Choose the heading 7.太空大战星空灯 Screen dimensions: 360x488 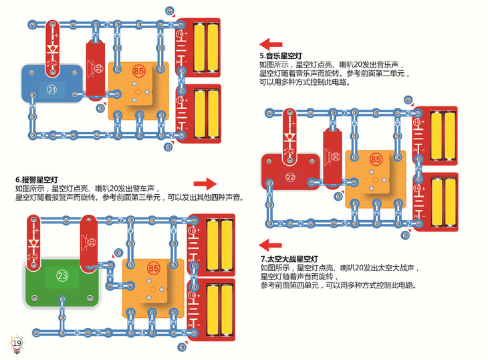(x=289, y=258)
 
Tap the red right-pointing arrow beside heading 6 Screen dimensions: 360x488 (x=205, y=183)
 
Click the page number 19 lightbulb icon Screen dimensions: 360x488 (x=17, y=343)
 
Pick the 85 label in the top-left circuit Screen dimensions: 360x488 (x=139, y=70)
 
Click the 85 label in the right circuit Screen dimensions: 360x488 (x=376, y=159)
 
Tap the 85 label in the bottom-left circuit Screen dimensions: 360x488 (x=154, y=269)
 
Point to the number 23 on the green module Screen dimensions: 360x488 (x=62, y=275)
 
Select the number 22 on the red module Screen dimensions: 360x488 (x=290, y=177)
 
